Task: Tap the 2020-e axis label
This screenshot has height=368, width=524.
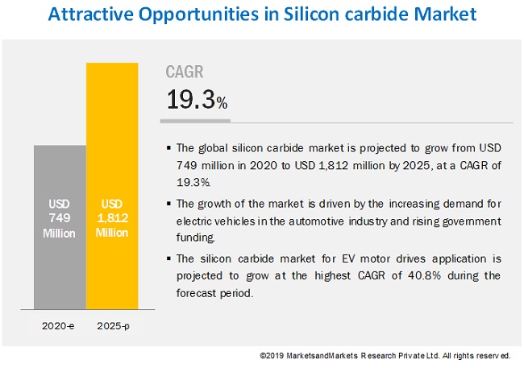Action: [60, 326]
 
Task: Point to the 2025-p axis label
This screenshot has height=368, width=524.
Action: [112, 326]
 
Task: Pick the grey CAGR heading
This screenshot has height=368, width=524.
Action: [185, 72]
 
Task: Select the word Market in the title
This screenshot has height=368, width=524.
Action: [438, 14]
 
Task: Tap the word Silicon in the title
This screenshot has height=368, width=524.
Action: [292, 14]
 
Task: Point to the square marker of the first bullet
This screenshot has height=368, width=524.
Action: [168, 148]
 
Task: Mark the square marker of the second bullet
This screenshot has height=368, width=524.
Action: [168, 205]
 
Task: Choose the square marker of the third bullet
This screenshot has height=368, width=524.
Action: [168, 260]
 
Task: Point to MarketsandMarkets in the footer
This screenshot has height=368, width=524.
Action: [324, 355]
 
